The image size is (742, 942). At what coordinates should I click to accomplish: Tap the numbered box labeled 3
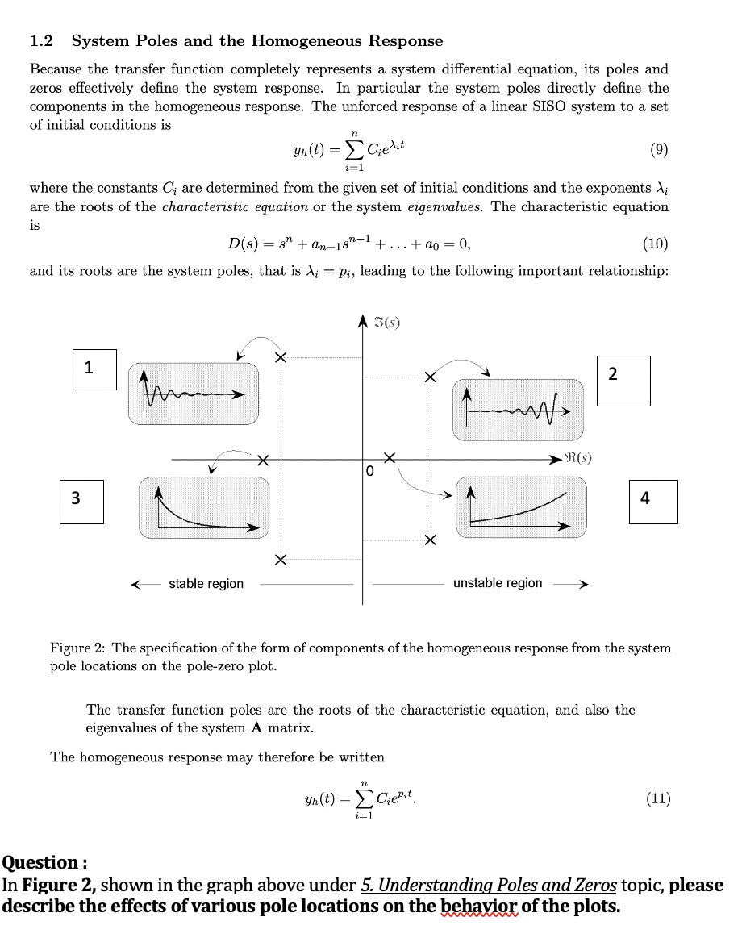tap(82, 501)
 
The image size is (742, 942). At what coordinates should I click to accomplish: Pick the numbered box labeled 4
tap(653, 501)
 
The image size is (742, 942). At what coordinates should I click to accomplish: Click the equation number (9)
tap(658, 150)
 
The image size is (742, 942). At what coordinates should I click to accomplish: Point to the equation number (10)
tap(655, 244)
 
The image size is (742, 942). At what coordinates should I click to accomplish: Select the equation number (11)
tap(658, 799)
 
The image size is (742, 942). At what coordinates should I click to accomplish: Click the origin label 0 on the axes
tap(369, 471)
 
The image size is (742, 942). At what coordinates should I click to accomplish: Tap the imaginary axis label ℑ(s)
tap(388, 325)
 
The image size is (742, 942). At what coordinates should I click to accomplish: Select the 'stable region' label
tap(206, 583)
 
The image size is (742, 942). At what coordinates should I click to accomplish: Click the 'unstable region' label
tap(498, 583)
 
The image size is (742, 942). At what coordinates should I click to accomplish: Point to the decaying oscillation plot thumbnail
tap(194, 394)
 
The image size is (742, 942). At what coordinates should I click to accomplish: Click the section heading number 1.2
tap(41, 41)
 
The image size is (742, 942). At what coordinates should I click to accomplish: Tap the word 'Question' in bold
tap(40, 862)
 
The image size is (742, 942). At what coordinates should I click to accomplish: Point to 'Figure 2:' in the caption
tap(77, 648)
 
